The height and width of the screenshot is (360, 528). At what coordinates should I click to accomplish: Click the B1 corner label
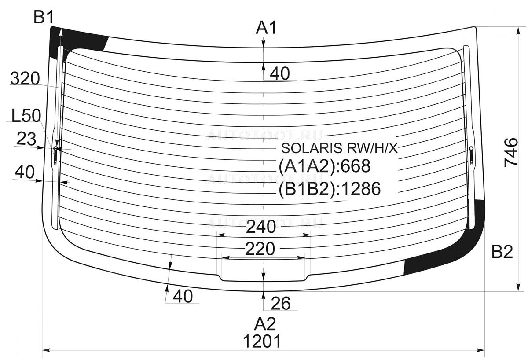tap(44, 18)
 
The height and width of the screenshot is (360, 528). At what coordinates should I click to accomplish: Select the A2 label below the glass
tap(265, 324)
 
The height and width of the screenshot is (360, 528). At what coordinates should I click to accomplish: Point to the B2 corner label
tap(502, 252)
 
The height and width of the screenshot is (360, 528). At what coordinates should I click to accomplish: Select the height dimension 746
tap(511, 153)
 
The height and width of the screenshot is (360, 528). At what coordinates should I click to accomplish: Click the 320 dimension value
tap(25, 78)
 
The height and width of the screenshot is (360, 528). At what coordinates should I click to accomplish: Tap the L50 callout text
tap(26, 116)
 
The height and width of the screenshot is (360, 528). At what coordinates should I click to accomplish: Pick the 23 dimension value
tap(26, 139)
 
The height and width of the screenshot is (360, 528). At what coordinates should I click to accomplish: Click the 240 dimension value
tap(260, 227)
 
